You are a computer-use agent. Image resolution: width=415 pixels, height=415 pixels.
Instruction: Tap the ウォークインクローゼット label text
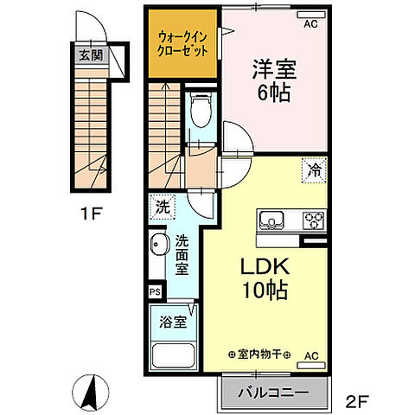point(183,44)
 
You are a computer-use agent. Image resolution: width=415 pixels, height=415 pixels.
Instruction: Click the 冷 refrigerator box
point(315,170)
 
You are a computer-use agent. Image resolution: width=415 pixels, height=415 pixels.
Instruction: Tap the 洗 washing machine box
point(162,207)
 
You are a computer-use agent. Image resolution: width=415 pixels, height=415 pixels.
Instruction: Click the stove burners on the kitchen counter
point(312,220)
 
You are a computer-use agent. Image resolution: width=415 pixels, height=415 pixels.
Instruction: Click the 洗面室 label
point(182,256)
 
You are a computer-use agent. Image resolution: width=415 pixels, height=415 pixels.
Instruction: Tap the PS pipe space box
point(155,292)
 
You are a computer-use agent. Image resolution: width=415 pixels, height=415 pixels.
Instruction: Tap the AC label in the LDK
point(311,354)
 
